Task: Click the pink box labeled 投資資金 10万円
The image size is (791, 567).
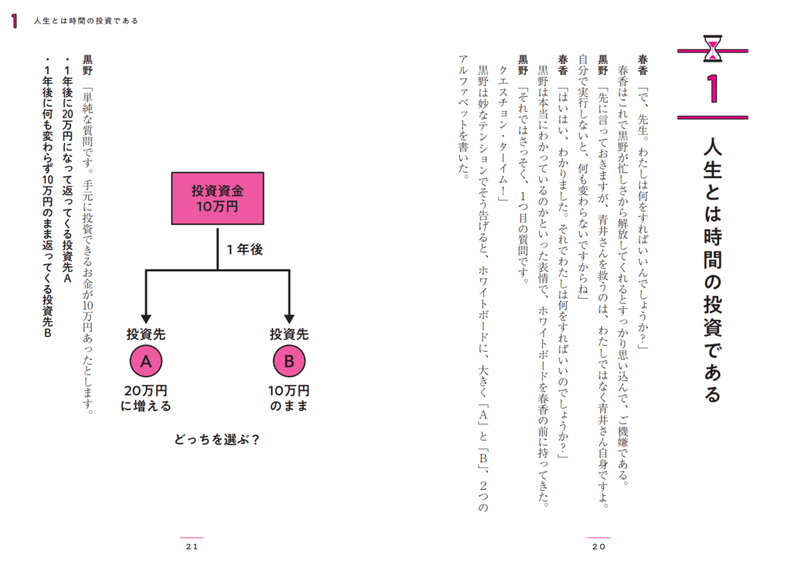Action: pos(218,198)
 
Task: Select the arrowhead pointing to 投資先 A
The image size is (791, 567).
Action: pos(146,319)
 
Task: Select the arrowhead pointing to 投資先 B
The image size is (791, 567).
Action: pos(289,319)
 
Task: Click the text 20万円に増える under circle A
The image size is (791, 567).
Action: pos(146,397)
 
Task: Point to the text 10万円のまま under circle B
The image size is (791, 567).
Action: pos(289,397)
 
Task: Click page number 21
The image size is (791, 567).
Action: pos(192,547)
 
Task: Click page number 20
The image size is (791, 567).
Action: pos(599,547)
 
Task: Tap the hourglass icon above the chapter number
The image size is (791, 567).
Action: pos(713,48)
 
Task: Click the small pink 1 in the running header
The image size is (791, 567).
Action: pos(14,21)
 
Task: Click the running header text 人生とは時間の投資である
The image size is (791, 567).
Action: pos(86,21)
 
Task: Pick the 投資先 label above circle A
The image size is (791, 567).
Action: pos(146,334)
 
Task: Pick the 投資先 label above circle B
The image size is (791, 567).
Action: pos(289,334)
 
